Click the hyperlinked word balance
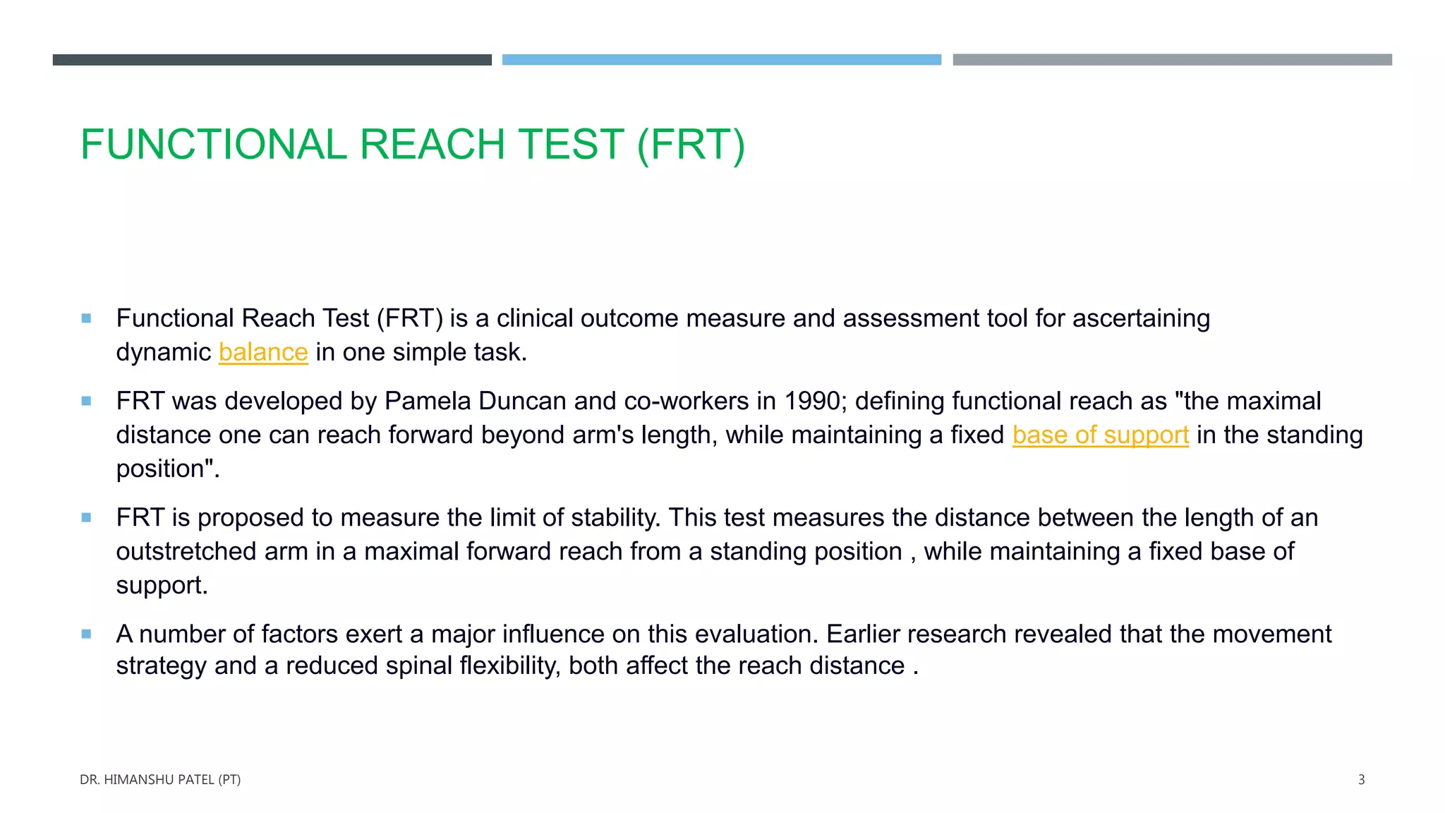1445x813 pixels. pos(263,352)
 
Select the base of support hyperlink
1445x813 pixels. pos(1100,435)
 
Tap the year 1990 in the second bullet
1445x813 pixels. pos(811,401)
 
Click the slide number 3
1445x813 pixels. pos(1361,780)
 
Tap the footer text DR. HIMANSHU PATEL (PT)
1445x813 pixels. pos(160,780)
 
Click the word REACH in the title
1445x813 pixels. pos(433,145)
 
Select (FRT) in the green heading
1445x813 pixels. pos(691,145)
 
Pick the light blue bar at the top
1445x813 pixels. pos(721,60)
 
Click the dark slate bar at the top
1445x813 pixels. pos(272,60)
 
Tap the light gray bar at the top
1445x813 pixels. pos(1172,60)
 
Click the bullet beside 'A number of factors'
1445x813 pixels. pos(86,634)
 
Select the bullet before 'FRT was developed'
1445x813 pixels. pos(86,401)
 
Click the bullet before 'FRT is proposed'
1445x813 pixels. pos(86,517)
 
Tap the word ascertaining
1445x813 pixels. pos(1141,318)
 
